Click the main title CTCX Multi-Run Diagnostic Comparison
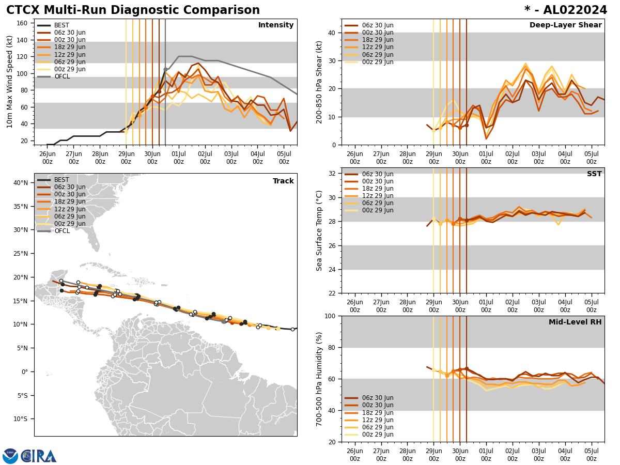[133, 10]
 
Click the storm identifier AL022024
[566, 10]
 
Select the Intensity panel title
[276, 25]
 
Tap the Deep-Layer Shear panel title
[565, 25]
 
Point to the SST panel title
[594, 174]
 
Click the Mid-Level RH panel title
[575, 322]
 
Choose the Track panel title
[283, 181]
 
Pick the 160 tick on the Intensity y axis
[23, 23]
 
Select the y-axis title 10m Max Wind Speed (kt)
[10, 82]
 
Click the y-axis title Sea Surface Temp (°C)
[319, 230]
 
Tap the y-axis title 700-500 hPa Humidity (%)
[319, 379]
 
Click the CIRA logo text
[39, 456]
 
